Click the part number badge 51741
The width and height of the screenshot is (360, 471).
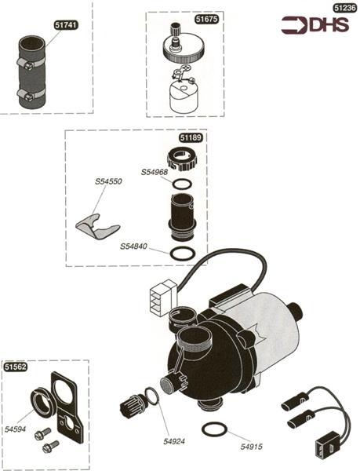click(x=67, y=25)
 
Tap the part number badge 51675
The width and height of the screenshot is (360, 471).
click(x=207, y=19)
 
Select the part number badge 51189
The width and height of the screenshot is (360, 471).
click(x=191, y=137)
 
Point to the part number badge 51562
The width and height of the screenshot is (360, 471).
click(x=16, y=367)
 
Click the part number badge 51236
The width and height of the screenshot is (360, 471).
click(x=345, y=8)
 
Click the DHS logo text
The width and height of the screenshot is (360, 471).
click(x=329, y=24)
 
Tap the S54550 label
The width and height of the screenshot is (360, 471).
click(x=108, y=182)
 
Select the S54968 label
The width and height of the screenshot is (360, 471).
click(x=155, y=173)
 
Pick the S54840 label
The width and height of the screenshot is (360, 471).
click(x=133, y=246)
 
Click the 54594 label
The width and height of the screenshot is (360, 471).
click(x=16, y=429)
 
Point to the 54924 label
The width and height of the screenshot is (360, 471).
click(x=174, y=441)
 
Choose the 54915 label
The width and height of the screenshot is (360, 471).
click(x=252, y=447)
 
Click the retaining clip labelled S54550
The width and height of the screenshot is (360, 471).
click(x=97, y=227)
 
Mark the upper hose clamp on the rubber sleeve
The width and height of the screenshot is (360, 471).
click(x=30, y=64)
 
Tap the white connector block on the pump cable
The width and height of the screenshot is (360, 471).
click(x=162, y=298)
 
